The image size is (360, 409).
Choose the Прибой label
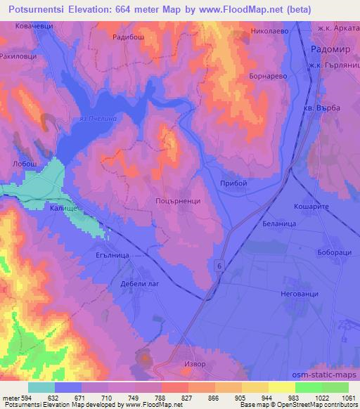coord(233,183)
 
